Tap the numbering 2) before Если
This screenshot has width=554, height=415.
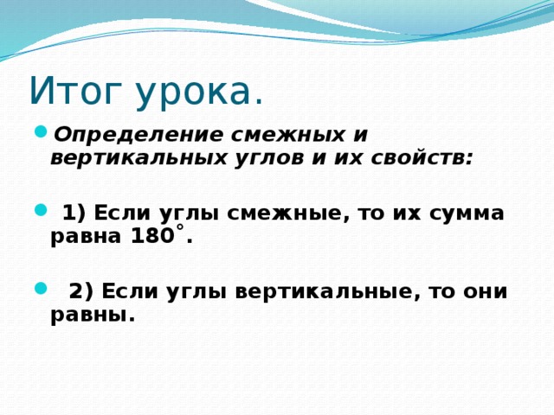81,290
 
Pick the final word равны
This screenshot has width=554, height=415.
90,315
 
